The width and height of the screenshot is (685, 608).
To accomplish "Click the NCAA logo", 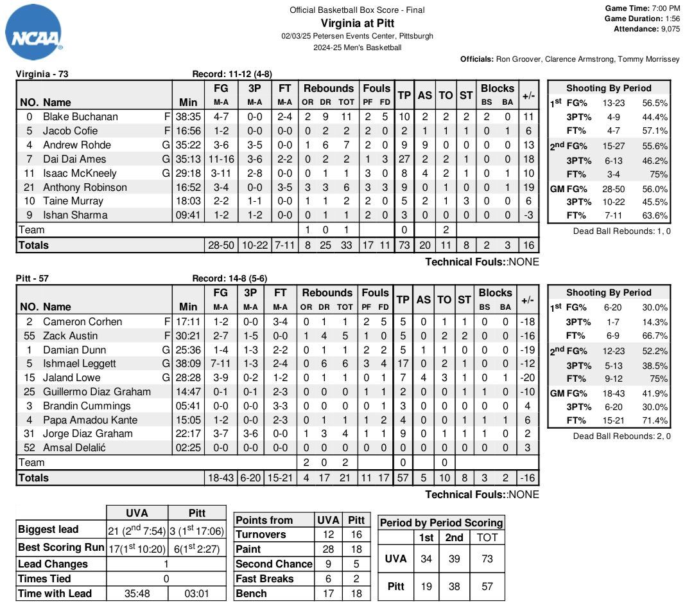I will [34, 35].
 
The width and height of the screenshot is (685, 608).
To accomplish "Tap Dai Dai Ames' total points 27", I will [404, 159].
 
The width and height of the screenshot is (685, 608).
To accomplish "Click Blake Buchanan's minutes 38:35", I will [188, 117].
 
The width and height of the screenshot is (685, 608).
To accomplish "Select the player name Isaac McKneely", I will [80, 173].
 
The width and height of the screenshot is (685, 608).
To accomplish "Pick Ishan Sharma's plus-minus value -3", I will [528, 215].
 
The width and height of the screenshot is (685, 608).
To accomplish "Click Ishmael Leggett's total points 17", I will [404, 363].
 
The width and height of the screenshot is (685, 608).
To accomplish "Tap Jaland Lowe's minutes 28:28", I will [188, 377].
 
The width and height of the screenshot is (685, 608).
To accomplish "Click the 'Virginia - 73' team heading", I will [42, 74].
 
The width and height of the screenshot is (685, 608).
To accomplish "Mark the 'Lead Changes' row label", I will [53, 564].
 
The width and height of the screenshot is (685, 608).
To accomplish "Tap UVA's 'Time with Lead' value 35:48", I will [136, 593].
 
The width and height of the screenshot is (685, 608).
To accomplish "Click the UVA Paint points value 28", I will [328, 549].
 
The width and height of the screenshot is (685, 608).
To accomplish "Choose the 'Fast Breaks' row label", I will [264, 578].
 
